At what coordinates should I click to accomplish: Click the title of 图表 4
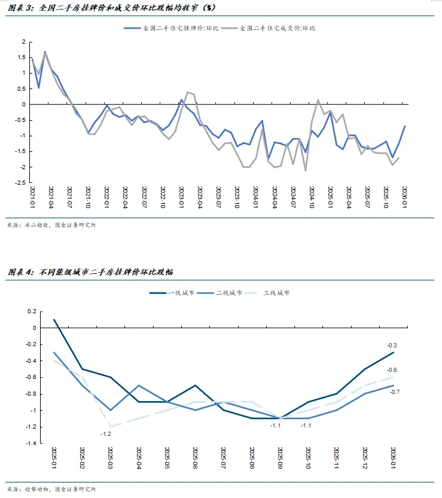pyautogui.click(x=90, y=272)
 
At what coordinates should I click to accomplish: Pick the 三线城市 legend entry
pyautogui.click(x=278, y=293)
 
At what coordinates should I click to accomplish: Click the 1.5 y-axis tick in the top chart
pyautogui.click(x=23, y=57)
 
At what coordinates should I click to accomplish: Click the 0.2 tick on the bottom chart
pyautogui.click(x=32, y=311)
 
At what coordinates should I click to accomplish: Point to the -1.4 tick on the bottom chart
pyautogui.click(x=30, y=444)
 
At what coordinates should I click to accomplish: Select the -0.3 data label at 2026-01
pyautogui.click(x=392, y=345)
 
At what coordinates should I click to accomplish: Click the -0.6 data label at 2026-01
pyautogui.click(x=394, y=370)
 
